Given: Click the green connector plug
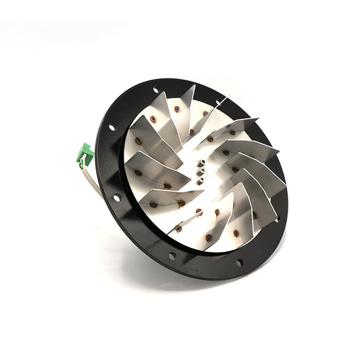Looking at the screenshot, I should tap(85, 155).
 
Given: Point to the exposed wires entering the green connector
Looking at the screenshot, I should tap(82, 164).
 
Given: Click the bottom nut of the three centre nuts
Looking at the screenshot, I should tap(200, 180).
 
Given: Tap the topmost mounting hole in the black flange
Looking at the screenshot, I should tap(155, 90).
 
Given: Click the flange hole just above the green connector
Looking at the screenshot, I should tap(112, 127).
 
